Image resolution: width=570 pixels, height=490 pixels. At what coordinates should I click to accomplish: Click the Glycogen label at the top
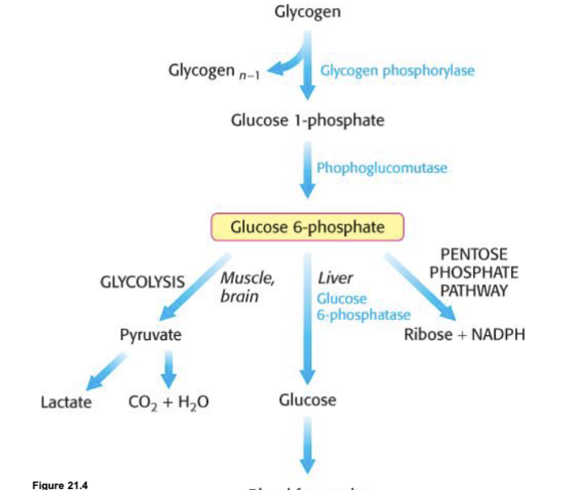click(307, 11)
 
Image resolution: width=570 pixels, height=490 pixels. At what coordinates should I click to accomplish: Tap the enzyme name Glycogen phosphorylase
click(397, 70)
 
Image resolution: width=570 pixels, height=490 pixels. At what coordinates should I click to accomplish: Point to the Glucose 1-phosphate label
click(307, 121)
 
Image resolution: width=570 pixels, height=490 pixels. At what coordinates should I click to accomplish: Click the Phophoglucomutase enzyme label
click(381, 168)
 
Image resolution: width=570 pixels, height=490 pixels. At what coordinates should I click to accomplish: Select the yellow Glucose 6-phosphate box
click(307, 226)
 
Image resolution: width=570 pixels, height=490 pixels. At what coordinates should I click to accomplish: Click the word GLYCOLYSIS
click(142, 283)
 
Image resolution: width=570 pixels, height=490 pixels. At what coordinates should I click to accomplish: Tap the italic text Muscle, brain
click(246, 288)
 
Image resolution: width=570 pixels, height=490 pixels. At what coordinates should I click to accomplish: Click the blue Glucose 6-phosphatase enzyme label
click(363, 306)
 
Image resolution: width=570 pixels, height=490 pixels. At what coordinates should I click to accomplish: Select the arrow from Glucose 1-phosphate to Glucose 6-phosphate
click(307, 168)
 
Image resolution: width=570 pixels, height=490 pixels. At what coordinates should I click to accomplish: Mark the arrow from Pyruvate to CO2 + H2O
click(168, 368)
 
